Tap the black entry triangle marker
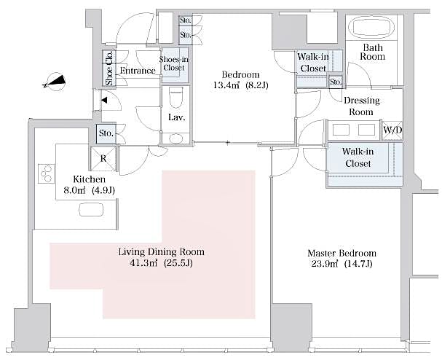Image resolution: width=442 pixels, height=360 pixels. tap(106, 100)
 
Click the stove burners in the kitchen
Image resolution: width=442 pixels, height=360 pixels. tap(47, 174)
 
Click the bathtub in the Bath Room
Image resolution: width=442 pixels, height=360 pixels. tap(372, 28)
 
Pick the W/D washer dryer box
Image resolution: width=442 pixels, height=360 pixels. tap(391, 130)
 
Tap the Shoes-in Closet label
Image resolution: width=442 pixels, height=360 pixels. tap(173, 63)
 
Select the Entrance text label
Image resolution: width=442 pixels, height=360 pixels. tap(138, 71)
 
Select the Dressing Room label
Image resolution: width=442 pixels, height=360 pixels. tap(359, 107)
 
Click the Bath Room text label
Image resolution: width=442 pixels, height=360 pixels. tap(374, 52)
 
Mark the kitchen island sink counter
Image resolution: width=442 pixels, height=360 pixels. tap(92, 209)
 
